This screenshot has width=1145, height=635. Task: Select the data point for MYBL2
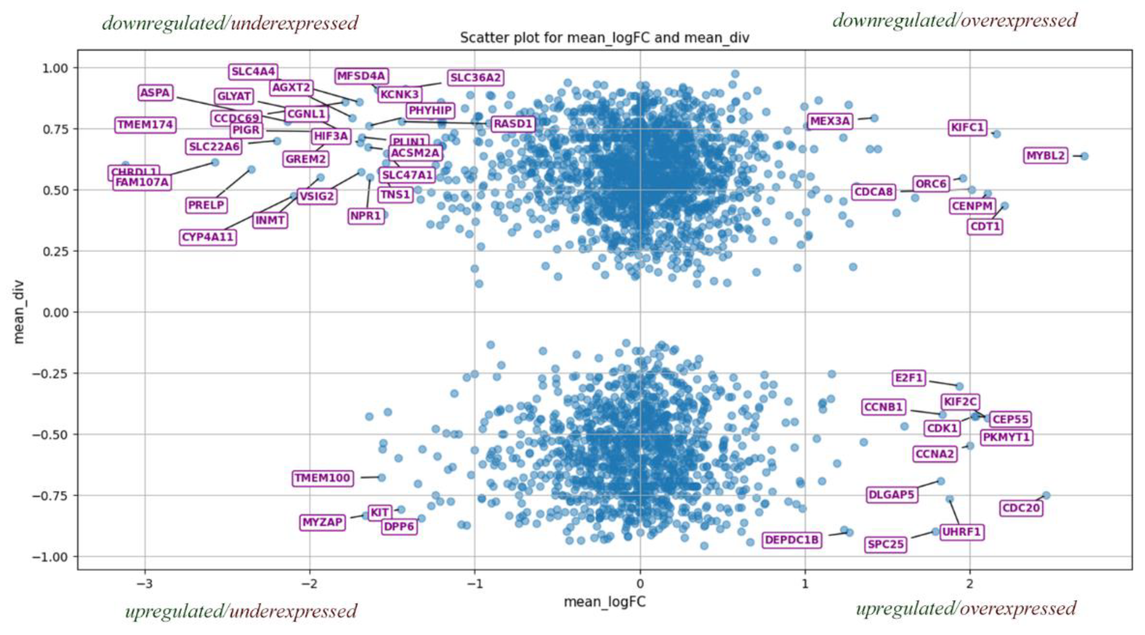coord(1084,156)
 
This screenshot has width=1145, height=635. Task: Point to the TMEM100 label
coord(323,478)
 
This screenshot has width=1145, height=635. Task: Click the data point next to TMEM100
coord(381,477)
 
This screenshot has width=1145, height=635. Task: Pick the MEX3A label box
coord(830,121)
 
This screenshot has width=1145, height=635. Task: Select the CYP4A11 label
coord(208,237)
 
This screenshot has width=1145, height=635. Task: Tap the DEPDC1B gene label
coord(792,540)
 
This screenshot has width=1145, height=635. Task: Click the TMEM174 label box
coord(145,125)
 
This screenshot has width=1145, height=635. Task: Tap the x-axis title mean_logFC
coord(605,602)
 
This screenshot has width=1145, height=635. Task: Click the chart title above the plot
coord(605,38)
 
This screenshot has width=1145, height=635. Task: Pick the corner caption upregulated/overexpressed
coord(966,609)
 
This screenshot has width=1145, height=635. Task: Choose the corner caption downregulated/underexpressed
coord(230,23)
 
